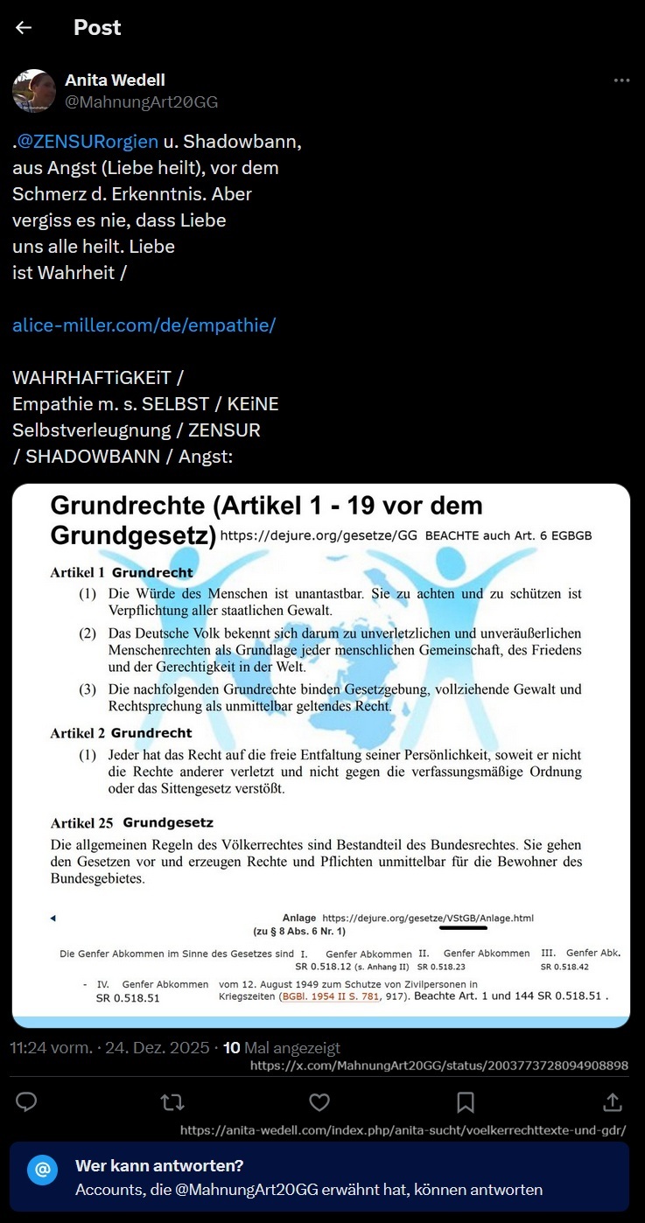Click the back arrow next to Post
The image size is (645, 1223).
[x=24, y=27]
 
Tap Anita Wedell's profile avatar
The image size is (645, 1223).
[x=34, y=91]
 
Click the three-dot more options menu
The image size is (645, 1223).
[x=621, y=80]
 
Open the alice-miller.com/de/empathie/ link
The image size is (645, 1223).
[x=144, y=325]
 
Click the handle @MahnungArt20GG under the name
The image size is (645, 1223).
[x=142, y=102]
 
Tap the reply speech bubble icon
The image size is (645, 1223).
[x=26, y=1101]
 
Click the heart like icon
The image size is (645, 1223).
[x=319, y=1101]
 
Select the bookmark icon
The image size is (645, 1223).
[x=466, y=1101]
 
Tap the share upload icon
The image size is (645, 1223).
[x=613, y=1101]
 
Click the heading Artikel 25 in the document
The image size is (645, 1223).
[x=83, y=823]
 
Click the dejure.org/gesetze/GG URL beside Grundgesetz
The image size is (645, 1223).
[x=319, y=535]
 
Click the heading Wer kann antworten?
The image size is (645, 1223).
[x=159, y=1165]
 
